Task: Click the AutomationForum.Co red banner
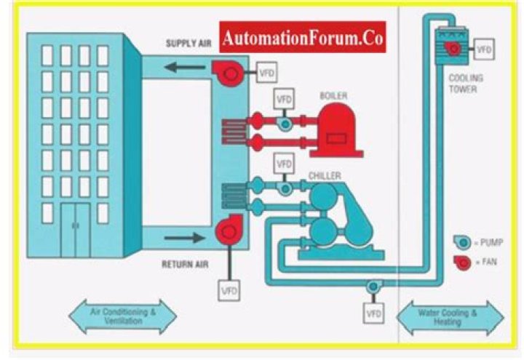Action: coord(303,38)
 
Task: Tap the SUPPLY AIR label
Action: coord(188,43)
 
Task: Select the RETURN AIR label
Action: coord(185,265)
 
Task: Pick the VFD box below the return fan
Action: coord(229,289)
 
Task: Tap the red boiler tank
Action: coord(338,127)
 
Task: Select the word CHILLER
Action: coord(325,176)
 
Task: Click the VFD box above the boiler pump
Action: coord(284,98)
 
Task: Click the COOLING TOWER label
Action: coord(463,84)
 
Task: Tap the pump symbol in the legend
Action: coord(461,241)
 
